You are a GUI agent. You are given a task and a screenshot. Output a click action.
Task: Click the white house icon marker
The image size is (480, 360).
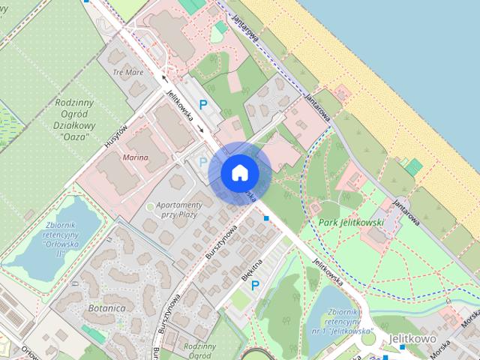coord(239,172)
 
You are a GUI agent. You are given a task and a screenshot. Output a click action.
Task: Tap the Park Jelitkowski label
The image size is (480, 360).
coord(351,223)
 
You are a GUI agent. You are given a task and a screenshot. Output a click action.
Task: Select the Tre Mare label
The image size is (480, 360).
coord(127,73)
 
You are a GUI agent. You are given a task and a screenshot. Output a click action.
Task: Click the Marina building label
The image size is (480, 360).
coord(134,157)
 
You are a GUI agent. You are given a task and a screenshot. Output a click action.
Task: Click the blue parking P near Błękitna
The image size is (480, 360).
coord(255,285)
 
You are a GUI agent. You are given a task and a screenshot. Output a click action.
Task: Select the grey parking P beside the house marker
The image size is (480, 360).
coord(202,161)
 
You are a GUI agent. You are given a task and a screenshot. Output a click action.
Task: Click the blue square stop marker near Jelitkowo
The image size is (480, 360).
coord(405,346)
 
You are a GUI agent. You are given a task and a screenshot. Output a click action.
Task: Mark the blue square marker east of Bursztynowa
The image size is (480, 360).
coord(267,218)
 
